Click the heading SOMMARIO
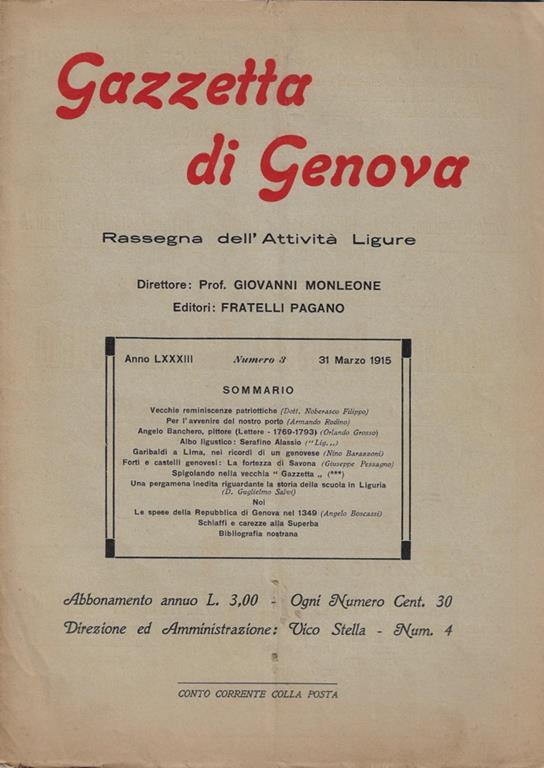[x=258, y=389]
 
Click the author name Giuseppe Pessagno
[x=358, y=464]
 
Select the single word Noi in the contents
[x=259, y=503]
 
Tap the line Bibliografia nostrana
[x=258, y=533]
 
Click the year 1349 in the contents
[x=303, y=513]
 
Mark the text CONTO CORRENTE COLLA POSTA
[x=257, y=693]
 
